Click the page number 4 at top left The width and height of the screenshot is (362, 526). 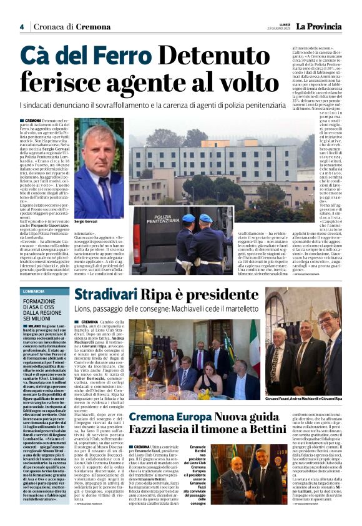pyautogui.click(x=21, y=27)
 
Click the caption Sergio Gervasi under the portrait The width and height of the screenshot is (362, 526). pyautogui.click(x=86, y=221)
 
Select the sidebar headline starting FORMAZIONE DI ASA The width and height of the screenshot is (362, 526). pyautogui.click(x=43, y=310)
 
